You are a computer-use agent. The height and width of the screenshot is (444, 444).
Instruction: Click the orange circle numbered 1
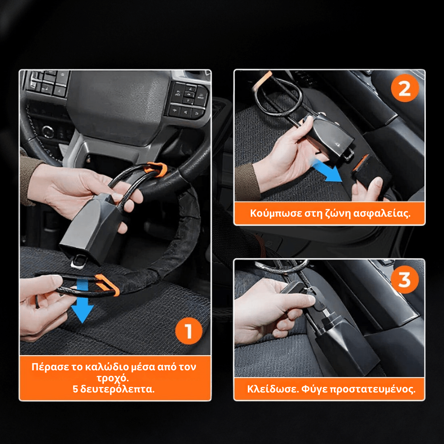(189, 331)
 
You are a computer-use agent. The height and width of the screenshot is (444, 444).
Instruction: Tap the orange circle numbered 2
(404, 89)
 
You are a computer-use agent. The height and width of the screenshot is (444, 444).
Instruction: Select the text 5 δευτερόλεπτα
(114, 389)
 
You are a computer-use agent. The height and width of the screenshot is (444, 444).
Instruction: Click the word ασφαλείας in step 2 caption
(387, 213)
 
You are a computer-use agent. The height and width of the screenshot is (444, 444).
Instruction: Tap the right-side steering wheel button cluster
(189, 100)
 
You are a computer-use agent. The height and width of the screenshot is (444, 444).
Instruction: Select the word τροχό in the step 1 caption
(114, 378)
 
